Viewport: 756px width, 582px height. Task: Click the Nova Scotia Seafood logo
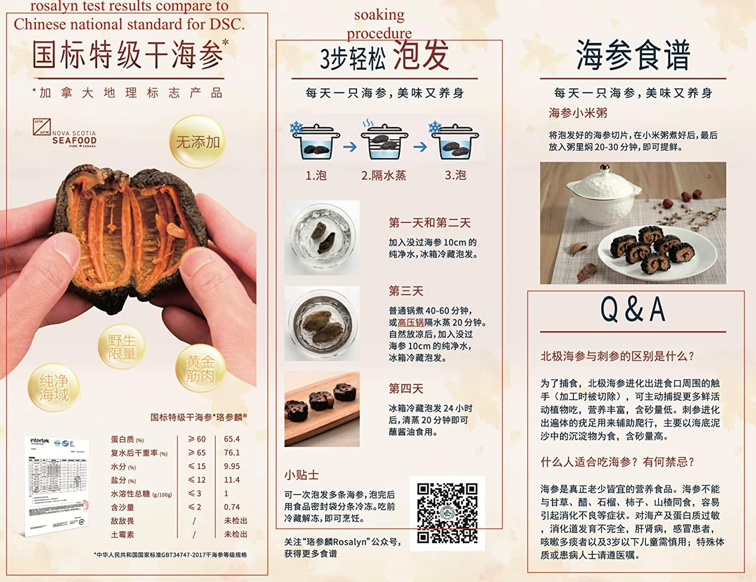(65, 133)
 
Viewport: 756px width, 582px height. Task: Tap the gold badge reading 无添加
(197, 141)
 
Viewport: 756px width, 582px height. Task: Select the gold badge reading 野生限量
(122, 347)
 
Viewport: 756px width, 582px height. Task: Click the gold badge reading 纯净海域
(54, 387)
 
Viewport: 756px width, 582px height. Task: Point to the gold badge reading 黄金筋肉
(200, 369)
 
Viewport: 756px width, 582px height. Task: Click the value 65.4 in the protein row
(232, 439)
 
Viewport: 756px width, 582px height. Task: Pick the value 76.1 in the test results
(232, 453)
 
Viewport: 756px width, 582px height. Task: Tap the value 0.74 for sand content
(232, 507)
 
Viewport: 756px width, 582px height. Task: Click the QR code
(447, 513)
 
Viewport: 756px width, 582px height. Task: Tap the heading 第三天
(406, 291)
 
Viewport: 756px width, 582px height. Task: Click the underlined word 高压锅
(411, 323)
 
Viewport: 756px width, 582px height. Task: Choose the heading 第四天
(406, 389)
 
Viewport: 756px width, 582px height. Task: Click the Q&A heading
(633, 309)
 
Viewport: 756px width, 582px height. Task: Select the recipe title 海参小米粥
(578, 113)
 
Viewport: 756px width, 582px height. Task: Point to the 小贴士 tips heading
(301, 475)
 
